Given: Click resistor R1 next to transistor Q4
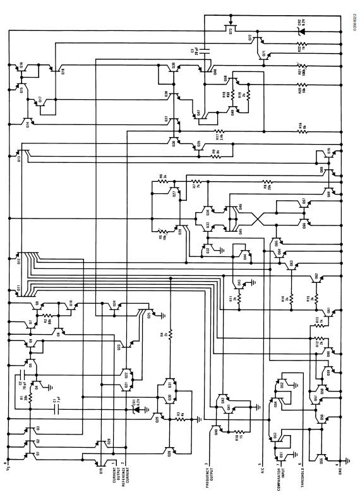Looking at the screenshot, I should (x=29, y=400).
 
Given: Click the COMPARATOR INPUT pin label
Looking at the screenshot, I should (x=278, y=477).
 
